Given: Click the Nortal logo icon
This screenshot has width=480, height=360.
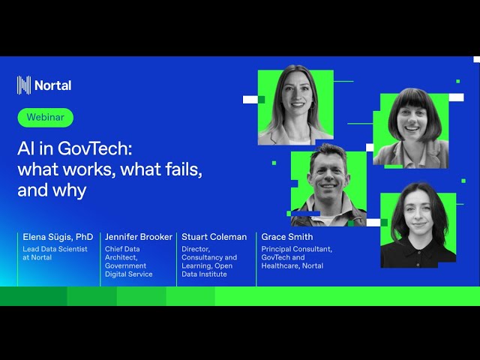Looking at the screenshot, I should pos(24,85).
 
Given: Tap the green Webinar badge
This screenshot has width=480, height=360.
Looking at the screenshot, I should pos(46,118).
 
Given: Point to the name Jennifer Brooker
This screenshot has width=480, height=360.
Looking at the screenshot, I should pos(139,237).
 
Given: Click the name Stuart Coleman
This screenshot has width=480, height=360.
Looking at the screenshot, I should pos(214,237).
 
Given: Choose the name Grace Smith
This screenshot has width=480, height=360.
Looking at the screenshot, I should pos(287,237).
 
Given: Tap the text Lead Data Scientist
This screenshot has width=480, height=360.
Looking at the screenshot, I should pos(55,249).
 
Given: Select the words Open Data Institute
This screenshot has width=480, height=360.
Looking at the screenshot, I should pos(207,270).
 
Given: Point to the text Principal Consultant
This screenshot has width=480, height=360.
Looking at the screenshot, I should pos(296,249).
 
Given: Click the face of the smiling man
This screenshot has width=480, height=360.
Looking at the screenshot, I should pos(328,177).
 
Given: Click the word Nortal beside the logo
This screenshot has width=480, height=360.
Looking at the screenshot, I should pos(52,85).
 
